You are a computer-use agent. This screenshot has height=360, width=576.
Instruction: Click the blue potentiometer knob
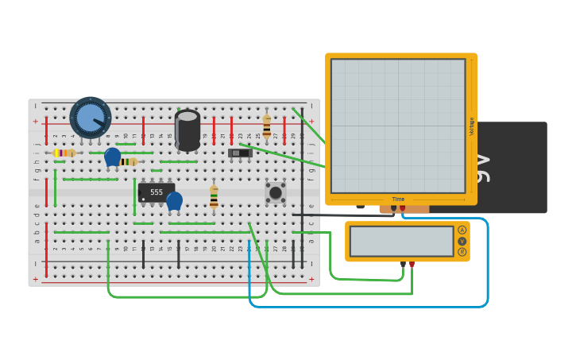tap(91, 118)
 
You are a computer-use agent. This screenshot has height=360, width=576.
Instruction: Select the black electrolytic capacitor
tap(187, 130)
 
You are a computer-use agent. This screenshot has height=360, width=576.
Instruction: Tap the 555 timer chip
tap(156, 192)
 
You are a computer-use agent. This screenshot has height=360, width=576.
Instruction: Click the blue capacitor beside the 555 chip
tap(174, 200)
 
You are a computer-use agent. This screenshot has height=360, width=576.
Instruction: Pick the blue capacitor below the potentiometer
tap(113, 156)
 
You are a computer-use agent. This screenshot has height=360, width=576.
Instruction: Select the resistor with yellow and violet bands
tap(64, 153)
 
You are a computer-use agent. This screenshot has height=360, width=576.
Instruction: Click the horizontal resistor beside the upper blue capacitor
tap(130, 161)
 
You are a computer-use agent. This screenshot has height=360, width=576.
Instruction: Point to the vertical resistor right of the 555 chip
tap(214, 196)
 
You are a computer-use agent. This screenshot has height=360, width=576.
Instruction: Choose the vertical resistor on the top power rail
tap(266, 126)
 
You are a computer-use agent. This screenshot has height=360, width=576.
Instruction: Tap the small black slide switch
tap(240, 153)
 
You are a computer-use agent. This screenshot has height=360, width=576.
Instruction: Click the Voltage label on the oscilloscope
tap(471, 126)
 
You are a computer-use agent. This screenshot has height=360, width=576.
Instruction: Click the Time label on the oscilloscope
tap(398, 199)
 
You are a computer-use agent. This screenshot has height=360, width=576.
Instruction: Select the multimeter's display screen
tap(401, 242)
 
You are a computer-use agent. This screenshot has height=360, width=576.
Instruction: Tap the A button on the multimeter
tap(462, 230)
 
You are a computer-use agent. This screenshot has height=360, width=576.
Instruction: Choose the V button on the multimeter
tap(462, 241)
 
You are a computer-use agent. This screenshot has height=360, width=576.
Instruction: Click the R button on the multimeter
tap(462, 252)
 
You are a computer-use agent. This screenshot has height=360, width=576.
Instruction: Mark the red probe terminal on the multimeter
tap(412, 264)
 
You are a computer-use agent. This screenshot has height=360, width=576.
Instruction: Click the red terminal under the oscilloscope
tap(402, 208)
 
